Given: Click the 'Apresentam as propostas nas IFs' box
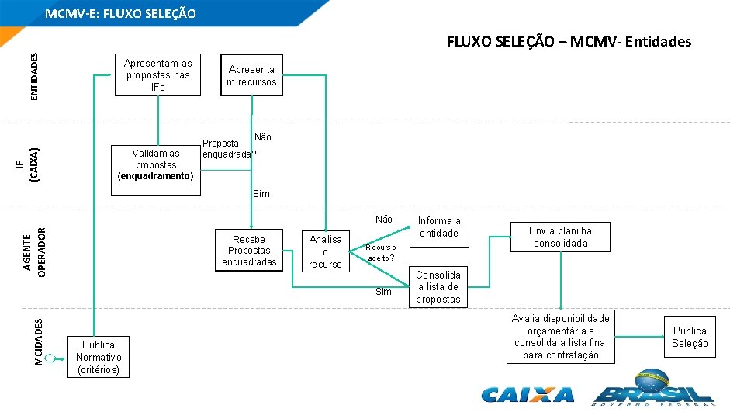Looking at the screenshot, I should [157, 74].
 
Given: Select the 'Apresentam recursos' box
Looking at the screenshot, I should [251, 75].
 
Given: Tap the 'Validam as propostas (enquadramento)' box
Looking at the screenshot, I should [156, 164].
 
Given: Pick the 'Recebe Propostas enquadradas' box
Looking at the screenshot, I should [249, 251].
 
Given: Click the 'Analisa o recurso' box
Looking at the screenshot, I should [325, 251].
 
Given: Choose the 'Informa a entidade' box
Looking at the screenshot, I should [438, 227].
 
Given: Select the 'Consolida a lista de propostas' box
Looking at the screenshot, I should [438, 287].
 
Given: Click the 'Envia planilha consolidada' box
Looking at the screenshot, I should [560, 237].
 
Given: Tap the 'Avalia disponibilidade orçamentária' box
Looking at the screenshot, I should [560, 337].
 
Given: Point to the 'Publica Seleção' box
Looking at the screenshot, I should [689, 337].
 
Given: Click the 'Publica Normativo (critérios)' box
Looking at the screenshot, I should [98, 357].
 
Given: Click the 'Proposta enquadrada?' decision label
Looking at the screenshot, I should [228, 148].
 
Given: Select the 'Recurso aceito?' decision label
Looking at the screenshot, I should [381, 252].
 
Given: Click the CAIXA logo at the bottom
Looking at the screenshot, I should [528, 394].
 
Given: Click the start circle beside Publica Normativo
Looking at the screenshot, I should [50, 358].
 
